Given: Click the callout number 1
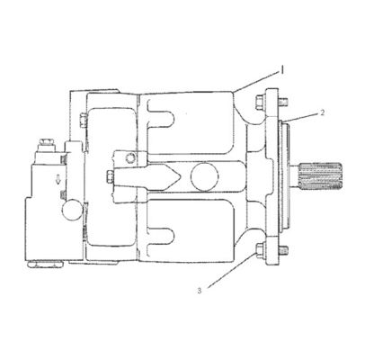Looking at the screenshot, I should [x=282, y=67].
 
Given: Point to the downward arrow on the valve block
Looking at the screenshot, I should [x=59, y=180].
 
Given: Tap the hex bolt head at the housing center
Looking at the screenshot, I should [x=111, y=175].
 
